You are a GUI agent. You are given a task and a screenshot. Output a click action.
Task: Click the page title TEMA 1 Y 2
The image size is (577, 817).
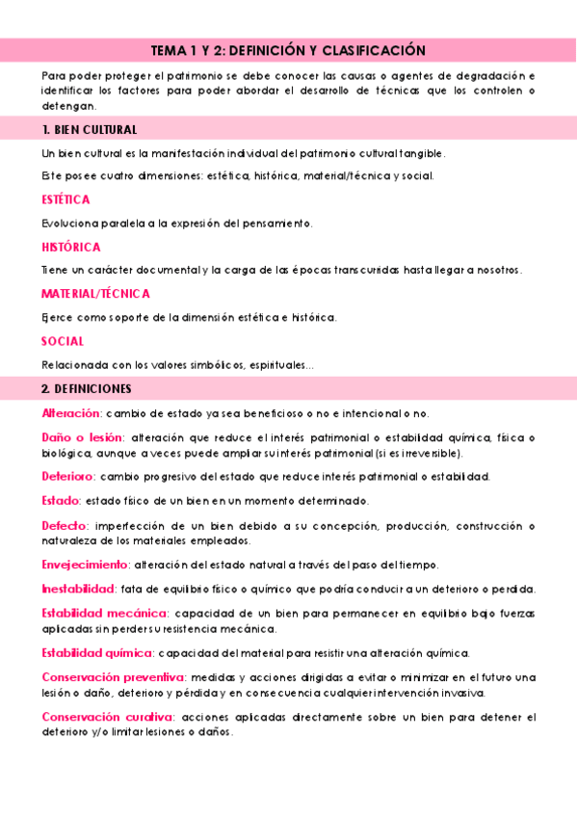coord(288,50)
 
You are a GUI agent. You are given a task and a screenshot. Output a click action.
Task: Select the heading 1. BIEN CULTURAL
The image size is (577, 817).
coord(90,129)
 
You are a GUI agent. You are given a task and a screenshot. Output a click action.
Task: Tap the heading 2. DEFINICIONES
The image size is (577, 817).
coord(87,388)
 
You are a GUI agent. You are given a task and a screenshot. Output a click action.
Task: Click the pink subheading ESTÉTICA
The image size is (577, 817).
coord(66,199)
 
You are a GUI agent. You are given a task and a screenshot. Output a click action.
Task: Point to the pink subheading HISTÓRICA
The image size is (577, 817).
coord(70,247)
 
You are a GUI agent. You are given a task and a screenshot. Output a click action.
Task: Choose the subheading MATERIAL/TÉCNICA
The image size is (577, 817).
coord(95,294)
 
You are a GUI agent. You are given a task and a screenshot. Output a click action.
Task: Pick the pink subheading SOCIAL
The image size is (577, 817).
coord(63,341)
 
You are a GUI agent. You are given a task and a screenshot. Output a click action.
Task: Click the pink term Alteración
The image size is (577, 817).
coord(70,413)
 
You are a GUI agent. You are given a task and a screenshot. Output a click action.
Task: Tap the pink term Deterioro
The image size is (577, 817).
coord(67,476)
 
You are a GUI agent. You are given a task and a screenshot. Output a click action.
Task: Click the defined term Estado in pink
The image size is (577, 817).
coord(60,501)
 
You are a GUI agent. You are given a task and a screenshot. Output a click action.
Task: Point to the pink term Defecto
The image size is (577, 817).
coord(64,526)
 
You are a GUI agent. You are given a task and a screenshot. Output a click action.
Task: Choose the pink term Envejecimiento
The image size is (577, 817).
coord(85,564)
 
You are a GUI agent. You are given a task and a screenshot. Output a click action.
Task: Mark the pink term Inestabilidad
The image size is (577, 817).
coord(78,589)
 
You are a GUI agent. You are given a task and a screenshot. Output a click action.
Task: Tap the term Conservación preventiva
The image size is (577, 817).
coord(113,677)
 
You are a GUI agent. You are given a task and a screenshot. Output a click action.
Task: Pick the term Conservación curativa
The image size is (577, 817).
coord(107,717)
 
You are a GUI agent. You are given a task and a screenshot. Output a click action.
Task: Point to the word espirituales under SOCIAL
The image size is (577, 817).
coord(275,366)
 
